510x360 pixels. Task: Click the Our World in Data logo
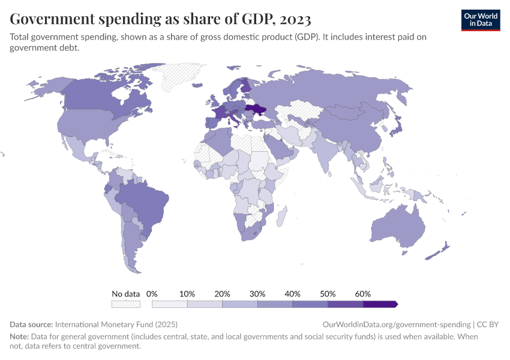pos(480,19)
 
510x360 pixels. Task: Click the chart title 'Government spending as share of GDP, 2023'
pos(160,19)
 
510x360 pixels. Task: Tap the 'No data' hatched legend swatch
pos(125,304)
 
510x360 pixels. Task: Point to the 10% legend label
pos(187,294)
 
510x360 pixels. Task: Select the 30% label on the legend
pos(257,294)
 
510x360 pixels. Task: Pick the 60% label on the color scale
pos(362,294)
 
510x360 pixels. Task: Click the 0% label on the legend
pos(152,294)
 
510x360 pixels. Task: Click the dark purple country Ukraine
pos(257,110)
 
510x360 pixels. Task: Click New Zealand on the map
pos(441,249)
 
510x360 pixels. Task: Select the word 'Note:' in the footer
pos(22,337)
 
